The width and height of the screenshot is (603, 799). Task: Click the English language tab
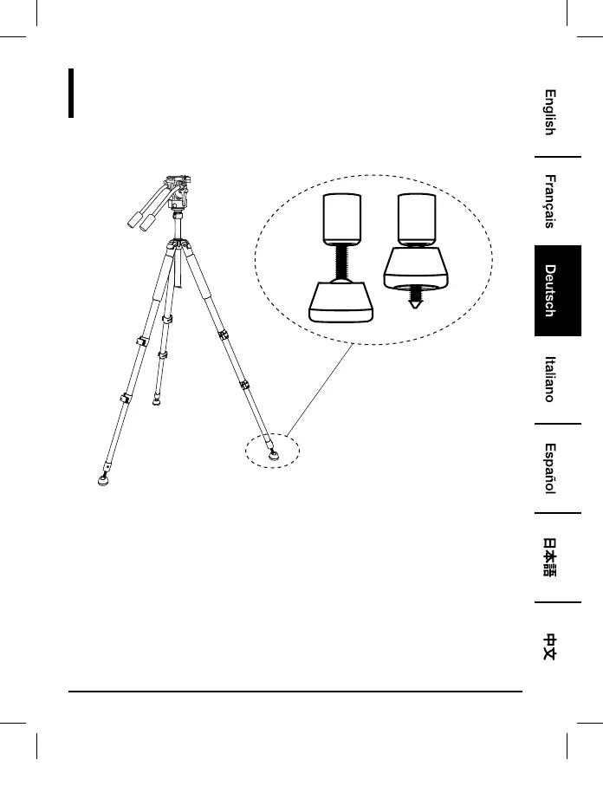point(549,112)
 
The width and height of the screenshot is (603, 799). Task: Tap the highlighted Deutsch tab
point(549,290)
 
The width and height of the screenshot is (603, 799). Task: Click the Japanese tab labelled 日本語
point(549,557)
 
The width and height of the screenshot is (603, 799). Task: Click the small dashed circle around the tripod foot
point(270,451)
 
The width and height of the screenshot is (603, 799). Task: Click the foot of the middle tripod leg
point(155,400)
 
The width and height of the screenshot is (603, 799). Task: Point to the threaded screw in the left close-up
point(341,264)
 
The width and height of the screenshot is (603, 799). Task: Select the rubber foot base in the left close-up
point(341,303)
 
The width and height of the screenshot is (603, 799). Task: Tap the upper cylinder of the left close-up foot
point(340,218)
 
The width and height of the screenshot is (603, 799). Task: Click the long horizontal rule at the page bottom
point(295,692)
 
